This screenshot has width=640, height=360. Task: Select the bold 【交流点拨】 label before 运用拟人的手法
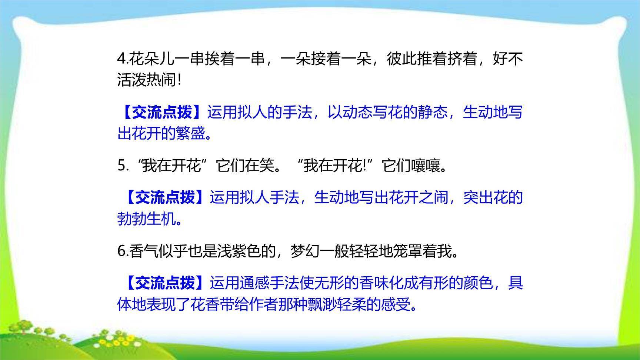[x=161, y=112]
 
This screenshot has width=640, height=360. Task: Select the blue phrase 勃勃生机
[x=147, y=219]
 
